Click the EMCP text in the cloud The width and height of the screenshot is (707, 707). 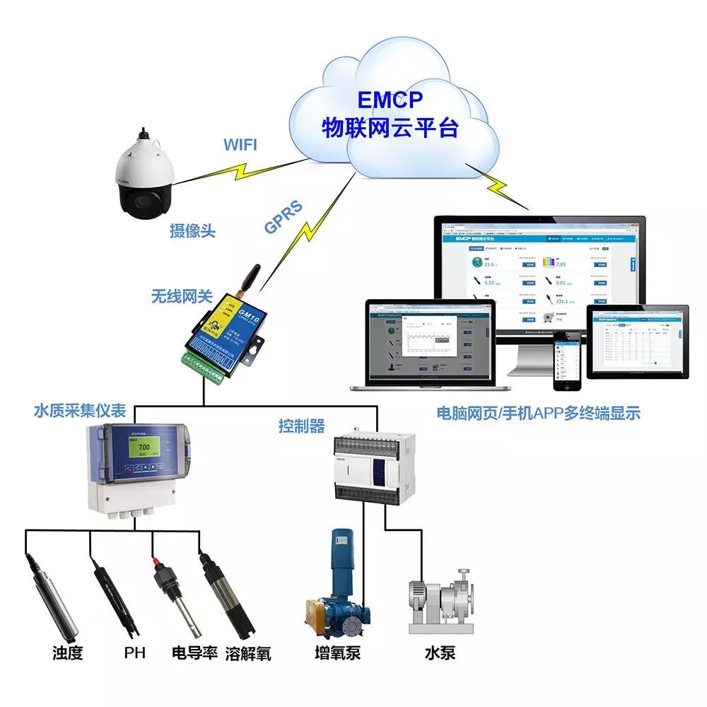tap(390, 98)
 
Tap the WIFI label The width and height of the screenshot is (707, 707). tap(240, 146)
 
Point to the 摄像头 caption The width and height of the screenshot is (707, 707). tap(192, 230)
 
